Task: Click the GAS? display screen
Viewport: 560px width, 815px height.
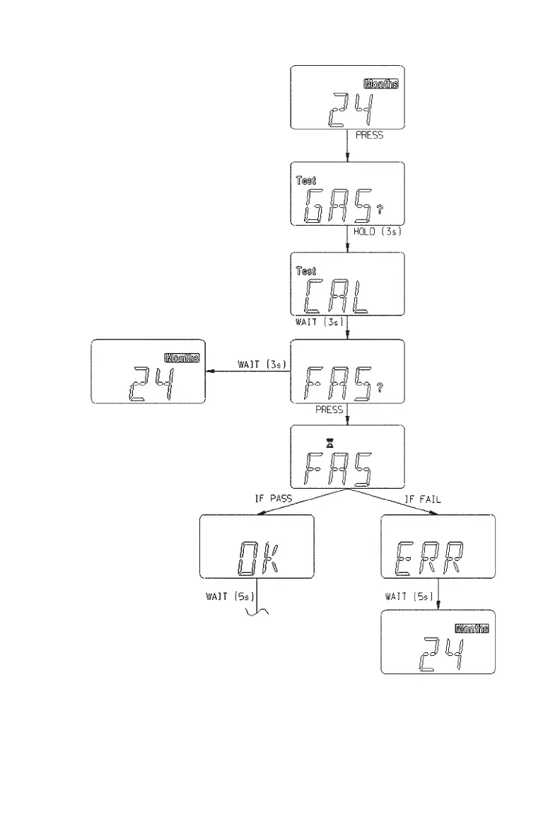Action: (347, 194)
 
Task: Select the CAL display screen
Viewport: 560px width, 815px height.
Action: (347, 283)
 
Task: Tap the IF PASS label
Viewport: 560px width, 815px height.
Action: (273, 498)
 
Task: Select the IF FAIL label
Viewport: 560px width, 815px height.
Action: (422, 498)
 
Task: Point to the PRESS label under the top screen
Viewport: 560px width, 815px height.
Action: (370, 135)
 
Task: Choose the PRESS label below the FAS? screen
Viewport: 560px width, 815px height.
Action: (330, 410)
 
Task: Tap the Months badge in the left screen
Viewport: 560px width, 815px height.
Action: (182, 358)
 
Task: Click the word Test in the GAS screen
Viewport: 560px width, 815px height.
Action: (307, 181)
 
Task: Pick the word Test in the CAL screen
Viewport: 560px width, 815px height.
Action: (307, 271)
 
